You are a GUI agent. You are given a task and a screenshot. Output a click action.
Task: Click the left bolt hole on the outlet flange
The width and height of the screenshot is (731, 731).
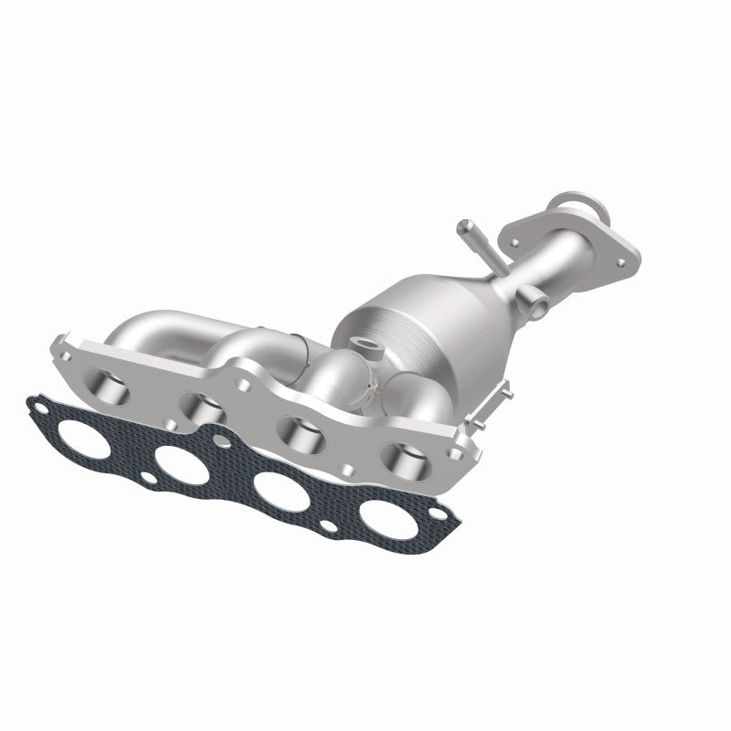[x=515, y=217]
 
